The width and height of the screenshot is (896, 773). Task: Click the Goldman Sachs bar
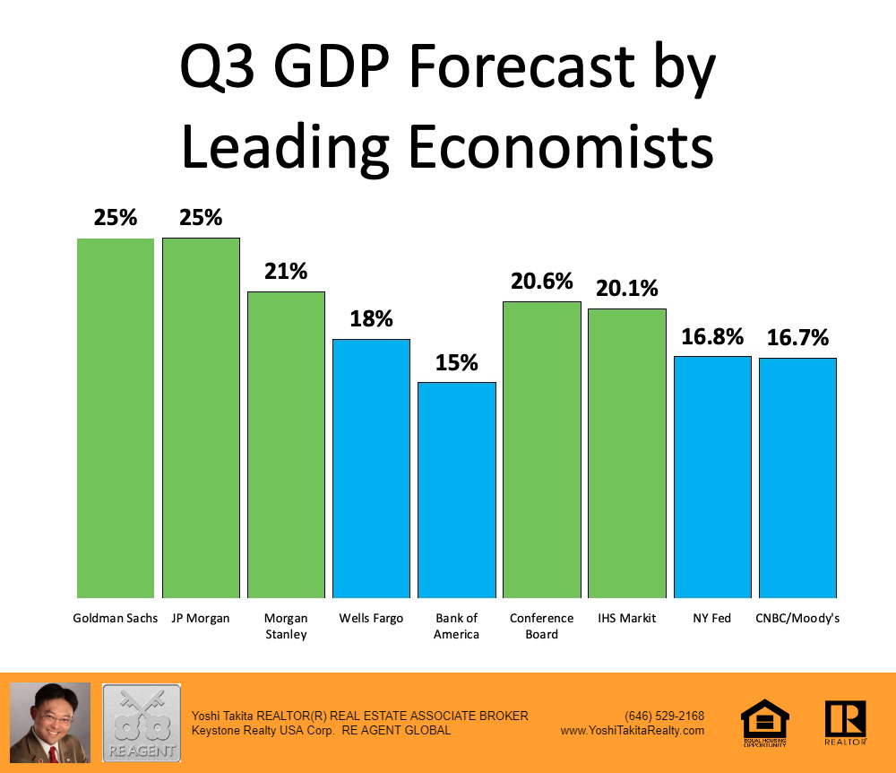pos(115,418)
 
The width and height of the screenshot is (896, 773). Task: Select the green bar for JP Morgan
pos(201,418)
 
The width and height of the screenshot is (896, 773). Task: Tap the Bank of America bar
pos(457,490)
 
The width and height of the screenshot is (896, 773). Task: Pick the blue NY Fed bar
pos(712,477)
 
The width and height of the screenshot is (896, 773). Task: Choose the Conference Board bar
pos(542,449)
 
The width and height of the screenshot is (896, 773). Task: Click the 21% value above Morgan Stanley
pos(286,271)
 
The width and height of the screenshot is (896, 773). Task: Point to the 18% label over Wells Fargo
pos(371,318)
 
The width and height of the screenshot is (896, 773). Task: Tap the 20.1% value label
pos(627,288)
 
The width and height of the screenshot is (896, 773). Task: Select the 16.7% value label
pos(797,338)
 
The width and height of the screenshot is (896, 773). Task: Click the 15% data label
pos(457,362)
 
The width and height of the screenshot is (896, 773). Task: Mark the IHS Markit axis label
pos(627,619)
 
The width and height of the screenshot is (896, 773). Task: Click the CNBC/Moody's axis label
pos(797,619)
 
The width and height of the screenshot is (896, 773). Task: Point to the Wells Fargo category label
pos(371,619)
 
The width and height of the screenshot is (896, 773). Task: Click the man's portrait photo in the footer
pos(50,723)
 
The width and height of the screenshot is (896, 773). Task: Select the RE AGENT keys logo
pos(141,723)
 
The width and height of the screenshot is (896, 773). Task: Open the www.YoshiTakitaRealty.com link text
pos(633,731)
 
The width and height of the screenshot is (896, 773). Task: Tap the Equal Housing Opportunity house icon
pos(765,722)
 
